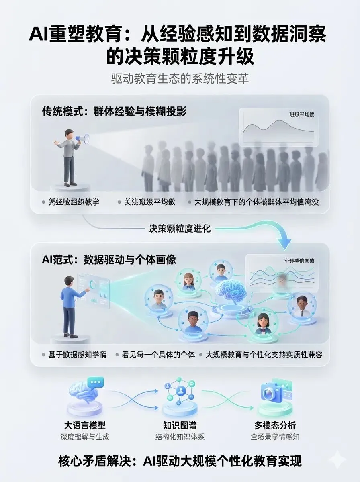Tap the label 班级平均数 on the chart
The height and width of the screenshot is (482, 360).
302,114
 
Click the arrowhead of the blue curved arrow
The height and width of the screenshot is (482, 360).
285,241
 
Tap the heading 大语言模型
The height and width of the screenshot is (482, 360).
85,425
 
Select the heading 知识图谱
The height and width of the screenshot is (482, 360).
180,425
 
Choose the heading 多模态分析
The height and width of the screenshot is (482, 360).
275,425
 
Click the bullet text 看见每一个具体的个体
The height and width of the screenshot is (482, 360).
158,355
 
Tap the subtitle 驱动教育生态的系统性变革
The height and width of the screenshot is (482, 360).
180,78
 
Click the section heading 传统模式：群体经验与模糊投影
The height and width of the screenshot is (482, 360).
115,111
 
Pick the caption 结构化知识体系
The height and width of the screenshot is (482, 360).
180,437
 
